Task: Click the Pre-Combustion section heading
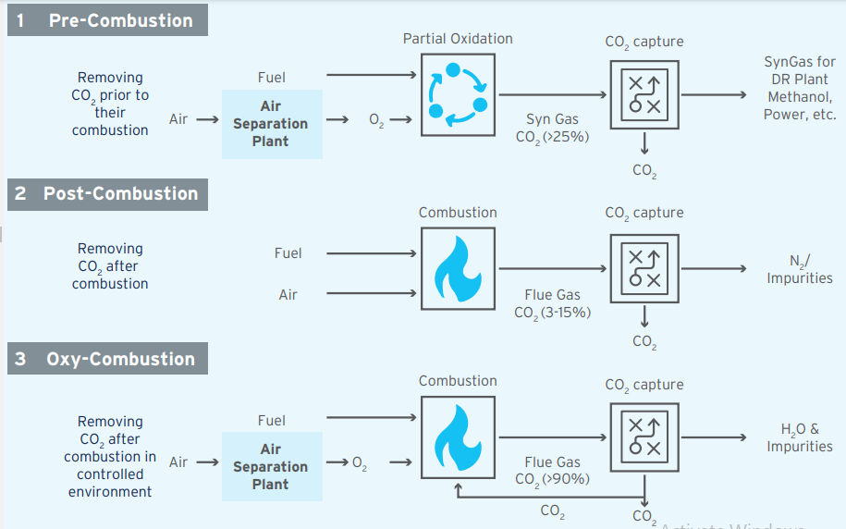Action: (107, 20)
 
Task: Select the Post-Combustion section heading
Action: (107, 194)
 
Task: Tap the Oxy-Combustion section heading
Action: (107, 360)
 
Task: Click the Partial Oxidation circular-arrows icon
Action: (458, 94)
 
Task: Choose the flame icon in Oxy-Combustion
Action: (458, 437)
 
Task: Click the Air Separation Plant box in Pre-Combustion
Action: (271, 124)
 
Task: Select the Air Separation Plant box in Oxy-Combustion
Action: (271, 467)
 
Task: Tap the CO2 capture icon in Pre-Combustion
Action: (644, 94)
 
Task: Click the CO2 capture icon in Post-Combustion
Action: (644, 268)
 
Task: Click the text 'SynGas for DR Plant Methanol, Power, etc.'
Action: (800, 89)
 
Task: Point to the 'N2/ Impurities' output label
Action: (800, 269)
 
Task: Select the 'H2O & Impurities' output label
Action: (800, 437)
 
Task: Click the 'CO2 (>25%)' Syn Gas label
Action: (553, 137)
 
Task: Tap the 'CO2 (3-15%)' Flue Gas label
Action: (553, 313)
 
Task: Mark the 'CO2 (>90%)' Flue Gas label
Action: (553, 479)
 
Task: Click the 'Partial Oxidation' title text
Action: (458, 39)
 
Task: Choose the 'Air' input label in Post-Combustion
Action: (288, 295)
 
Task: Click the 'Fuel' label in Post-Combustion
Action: (288, 253)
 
